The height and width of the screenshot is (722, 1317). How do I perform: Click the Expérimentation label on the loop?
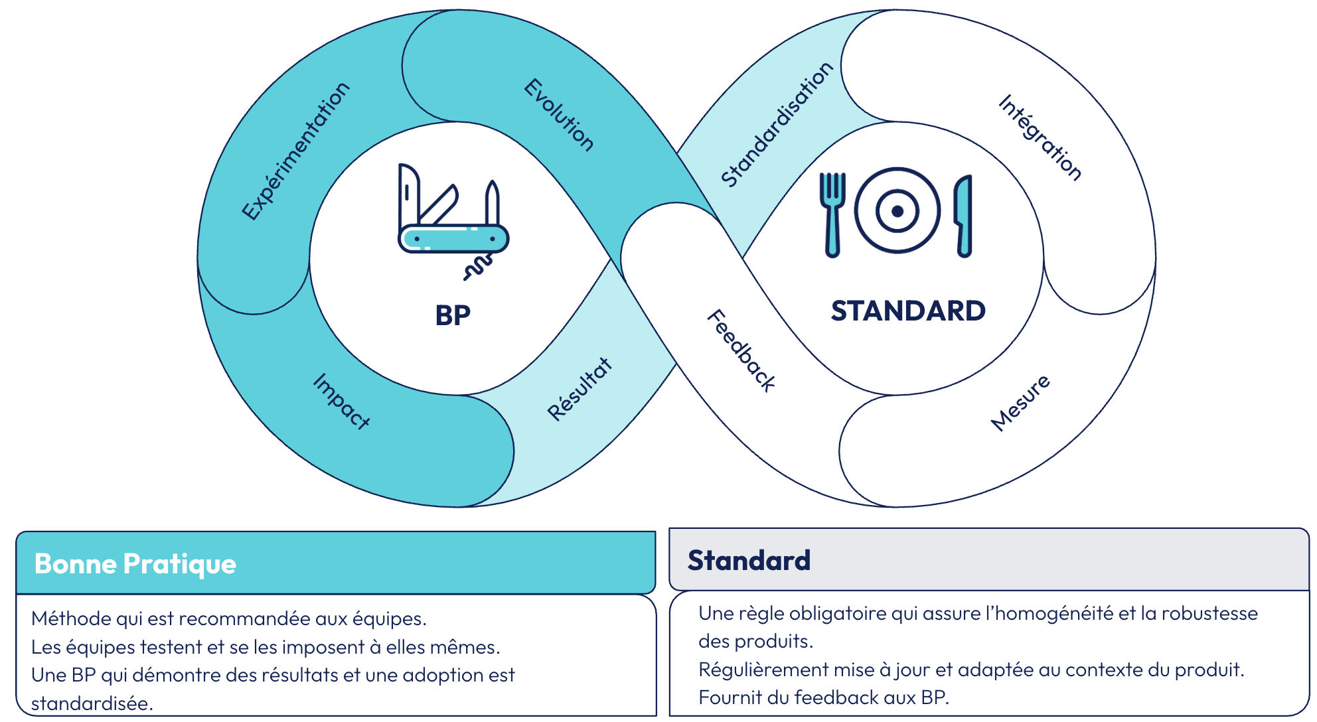coord(295,151)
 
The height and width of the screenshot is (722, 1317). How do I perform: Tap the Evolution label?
coord(559,115)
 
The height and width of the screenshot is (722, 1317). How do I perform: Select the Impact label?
coord(341,401)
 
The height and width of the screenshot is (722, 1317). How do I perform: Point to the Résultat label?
coord(580,389)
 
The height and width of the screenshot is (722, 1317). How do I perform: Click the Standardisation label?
coord(777,125)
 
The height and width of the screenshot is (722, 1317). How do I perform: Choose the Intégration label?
coord(1040,137)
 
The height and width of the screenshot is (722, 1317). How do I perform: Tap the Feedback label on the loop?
coord(741,350)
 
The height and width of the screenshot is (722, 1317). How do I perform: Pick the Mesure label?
coord(1020,402)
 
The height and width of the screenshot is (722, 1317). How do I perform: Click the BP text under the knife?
coord(453,316)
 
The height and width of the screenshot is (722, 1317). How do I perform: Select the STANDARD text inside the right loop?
coord(908,311)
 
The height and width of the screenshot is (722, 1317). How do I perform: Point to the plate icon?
coord(897,211)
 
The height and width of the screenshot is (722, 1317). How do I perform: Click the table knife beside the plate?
coord(964,216)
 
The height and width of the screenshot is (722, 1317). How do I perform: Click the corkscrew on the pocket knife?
coord(478,267)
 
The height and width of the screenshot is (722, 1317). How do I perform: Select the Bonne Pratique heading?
coord(135,564)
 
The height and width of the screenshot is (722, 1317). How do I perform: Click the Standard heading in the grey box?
coord(749,561)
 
